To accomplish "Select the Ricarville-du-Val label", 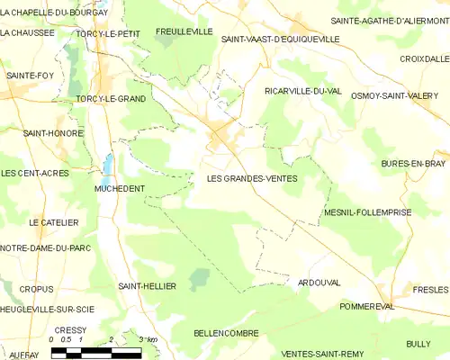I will tap(303, 91).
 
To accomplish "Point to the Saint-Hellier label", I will tap(147, 285).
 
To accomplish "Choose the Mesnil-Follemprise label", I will tap(366, 212).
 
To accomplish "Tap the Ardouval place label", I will tap(319, 282).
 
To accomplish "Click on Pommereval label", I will tap(368, 306).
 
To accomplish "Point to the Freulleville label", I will tap(184, 31).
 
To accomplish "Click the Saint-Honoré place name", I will tap(53, 133).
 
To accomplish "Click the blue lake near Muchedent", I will tap(108, 165).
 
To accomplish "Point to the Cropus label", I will tap(37, 289).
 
